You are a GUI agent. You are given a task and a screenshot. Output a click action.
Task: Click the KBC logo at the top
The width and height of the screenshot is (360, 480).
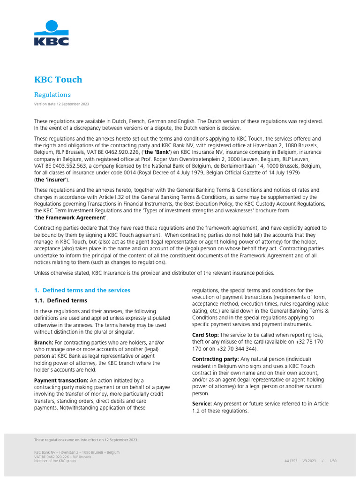pos(52,33)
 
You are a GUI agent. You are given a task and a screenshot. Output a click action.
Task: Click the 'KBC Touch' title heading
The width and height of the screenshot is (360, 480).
pos(58,79)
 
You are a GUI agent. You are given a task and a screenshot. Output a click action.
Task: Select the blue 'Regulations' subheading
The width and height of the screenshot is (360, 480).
pos(52,95)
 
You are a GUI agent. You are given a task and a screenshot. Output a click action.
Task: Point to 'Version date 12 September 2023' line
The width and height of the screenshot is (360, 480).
pos(61,104)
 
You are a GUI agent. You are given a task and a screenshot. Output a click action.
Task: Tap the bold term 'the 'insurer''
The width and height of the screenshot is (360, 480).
pos(52,180)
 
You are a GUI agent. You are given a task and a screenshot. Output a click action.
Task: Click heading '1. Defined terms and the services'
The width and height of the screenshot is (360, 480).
pos(82,290)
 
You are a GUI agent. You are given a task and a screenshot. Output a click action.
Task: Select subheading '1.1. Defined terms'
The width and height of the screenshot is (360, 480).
pos(60,300)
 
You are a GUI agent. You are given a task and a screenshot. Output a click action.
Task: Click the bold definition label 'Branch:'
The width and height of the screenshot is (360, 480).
pos(44,343)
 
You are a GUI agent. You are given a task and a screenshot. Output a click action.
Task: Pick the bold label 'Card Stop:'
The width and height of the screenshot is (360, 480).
pos(205,335)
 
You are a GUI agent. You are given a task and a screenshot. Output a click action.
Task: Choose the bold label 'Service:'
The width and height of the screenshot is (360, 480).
pos(202,404)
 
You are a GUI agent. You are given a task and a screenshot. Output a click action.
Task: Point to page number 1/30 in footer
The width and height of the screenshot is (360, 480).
pos(333,461)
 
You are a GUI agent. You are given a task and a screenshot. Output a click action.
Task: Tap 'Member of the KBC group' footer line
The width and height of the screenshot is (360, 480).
pos(55,461)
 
